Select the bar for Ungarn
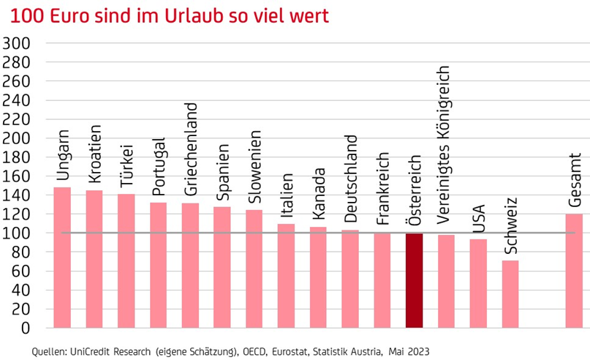pos(62,258)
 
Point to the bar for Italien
pos(286,276)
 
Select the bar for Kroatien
pos(94,259)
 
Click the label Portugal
pos(158,165)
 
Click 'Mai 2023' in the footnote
pos(424,351)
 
